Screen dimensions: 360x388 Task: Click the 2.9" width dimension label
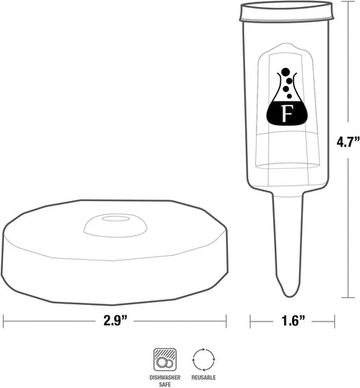pos(115,321)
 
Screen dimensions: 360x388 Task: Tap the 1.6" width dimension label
pos(293,321)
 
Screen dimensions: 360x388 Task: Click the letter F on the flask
pos(286,113)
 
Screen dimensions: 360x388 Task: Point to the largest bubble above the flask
pos(286,71)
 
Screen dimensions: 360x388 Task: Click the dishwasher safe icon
pos(165,360)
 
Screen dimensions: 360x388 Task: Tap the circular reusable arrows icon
pos(203,359)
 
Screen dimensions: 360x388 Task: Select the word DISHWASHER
pos(165,377)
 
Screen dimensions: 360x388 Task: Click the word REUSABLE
pos(203,377)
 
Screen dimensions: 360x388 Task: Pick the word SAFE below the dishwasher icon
pos(165,384)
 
